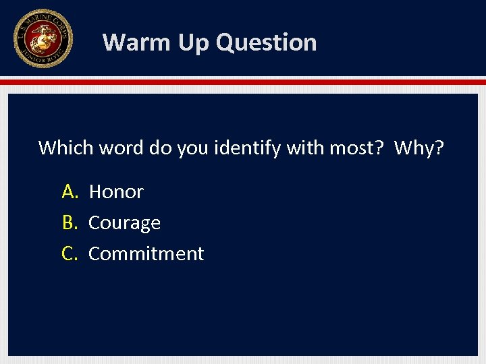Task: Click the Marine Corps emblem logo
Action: (x=43, y=38)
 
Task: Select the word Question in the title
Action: (x=266, y=42)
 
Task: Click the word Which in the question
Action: (x=66, y=148)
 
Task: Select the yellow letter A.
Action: (x=70, y=192)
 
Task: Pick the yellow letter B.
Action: (x=70, y=223)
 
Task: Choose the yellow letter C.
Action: (x=70, y=254)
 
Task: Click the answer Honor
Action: (x=116, y=192)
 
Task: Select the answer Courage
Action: (x=125, y=223)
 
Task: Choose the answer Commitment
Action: (x=146, y=254)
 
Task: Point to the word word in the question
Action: (x=122, y=148)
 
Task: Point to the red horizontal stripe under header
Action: (x=243, y=82)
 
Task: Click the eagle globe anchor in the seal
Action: (x=43, y=37)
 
